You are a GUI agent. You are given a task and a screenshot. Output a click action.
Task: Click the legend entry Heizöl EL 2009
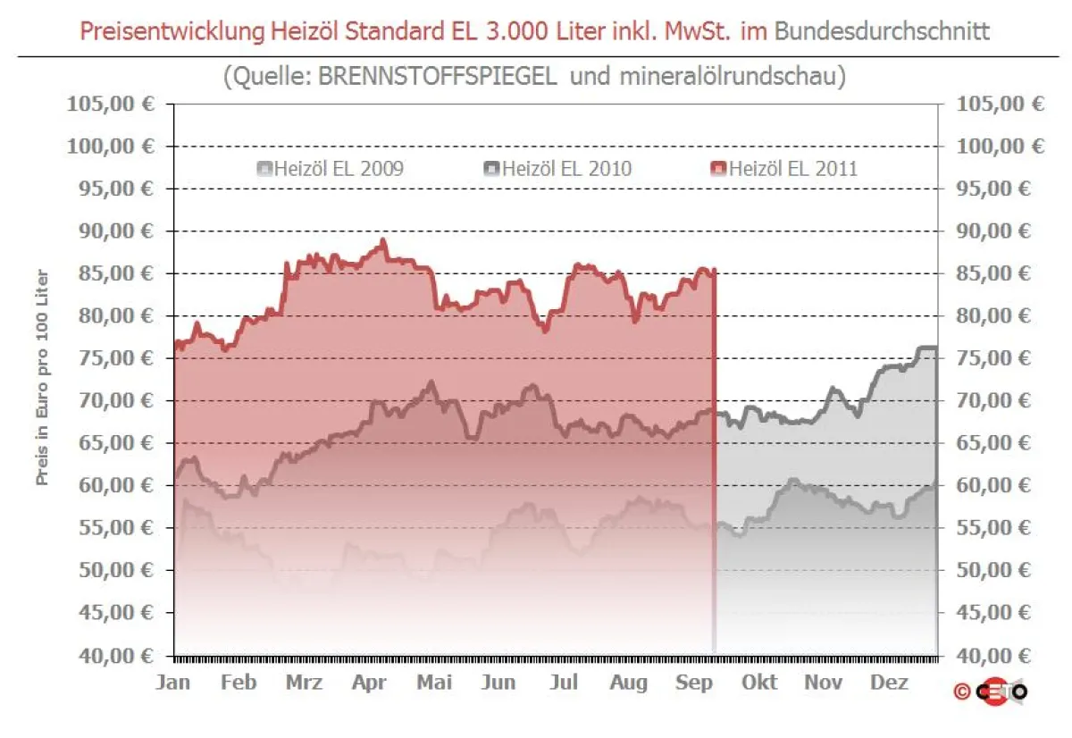330,168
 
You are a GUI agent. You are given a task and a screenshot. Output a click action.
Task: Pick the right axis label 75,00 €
1000,358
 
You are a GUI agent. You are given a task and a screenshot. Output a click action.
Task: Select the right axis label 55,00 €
1000,528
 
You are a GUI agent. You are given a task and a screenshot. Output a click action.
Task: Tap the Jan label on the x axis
172,682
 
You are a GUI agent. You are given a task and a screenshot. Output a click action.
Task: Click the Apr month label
368,682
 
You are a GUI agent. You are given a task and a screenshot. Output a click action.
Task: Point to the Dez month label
889,682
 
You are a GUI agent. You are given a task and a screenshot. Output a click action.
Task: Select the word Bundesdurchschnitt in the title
882,31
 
